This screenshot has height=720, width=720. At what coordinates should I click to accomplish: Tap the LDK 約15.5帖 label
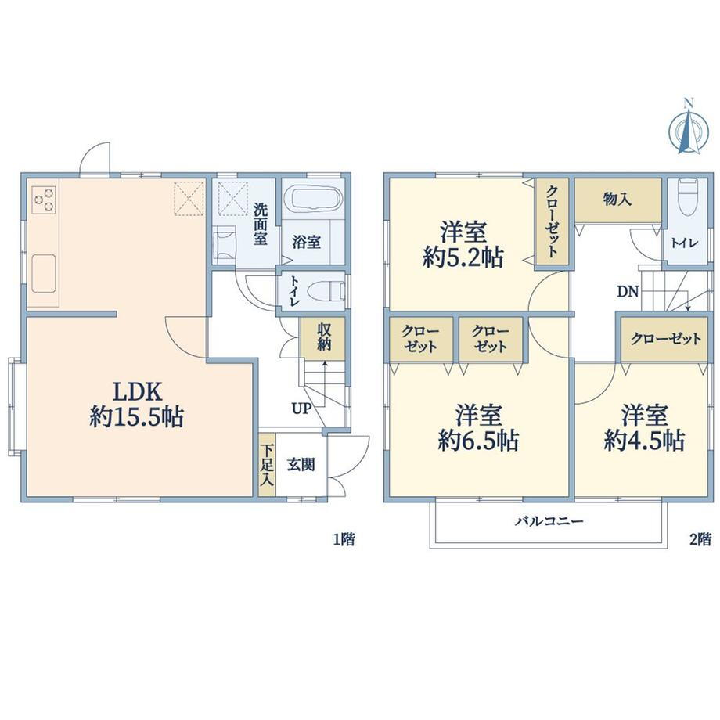click(137, 405)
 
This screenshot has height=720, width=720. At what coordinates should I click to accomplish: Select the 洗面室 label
click(261, 224)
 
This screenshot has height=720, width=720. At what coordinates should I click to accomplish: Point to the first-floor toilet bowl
click(326, 291)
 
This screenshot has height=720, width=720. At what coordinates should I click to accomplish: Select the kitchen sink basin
click(44, 273)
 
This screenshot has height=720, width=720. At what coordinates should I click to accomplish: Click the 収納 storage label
click(324, 337)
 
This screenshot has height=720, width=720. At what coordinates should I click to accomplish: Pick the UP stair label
click(301, 408)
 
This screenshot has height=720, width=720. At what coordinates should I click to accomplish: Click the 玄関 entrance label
click(301, 465)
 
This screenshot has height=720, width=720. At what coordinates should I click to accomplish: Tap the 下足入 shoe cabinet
click(267, 465)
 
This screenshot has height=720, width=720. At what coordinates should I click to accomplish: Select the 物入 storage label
click(617, 200)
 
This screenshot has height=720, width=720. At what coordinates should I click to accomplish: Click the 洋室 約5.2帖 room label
click(463, 244)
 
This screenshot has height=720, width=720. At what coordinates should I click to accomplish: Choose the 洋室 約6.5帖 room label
click(478, 427)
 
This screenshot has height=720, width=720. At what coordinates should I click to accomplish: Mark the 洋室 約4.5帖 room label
click(645, 427)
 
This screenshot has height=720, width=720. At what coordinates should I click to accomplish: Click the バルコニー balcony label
click(549, 521)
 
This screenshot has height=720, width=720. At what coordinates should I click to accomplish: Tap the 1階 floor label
click(344, 538)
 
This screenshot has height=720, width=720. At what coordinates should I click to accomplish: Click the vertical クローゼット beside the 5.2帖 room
click(552, 221)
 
